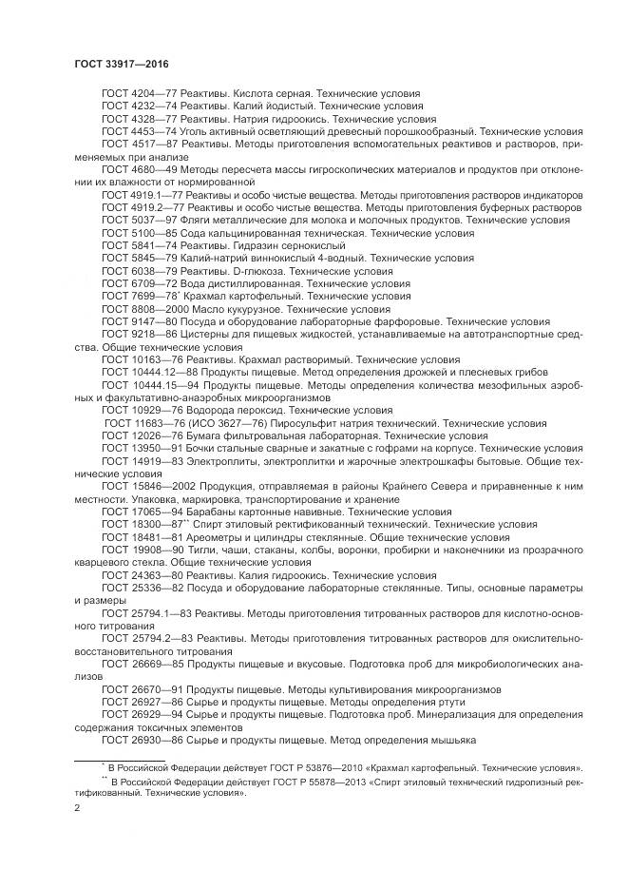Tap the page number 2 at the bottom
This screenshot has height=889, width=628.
point(77,807)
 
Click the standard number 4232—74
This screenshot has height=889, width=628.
point(147,107)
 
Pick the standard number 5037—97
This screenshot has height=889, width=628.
point(147,220)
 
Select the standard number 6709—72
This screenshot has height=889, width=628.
point(147,283)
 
